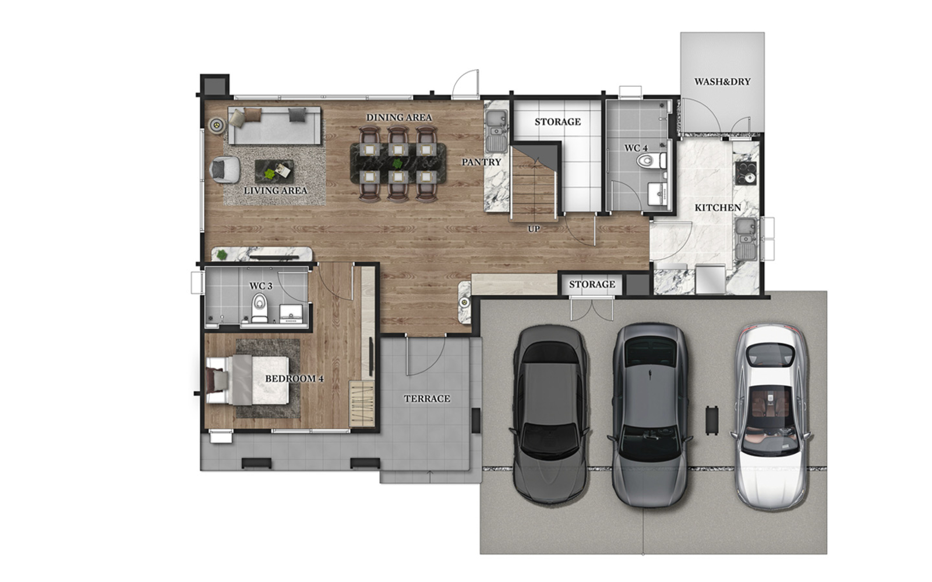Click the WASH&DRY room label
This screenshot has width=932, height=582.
tap(722, 81)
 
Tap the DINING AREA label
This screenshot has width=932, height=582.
tap(399, 118)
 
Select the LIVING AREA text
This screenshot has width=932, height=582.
tap(276, 190)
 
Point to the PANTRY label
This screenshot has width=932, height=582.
tap(481, 162)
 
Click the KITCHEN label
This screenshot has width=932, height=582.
tap(718, 208)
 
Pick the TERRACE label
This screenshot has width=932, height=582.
tap(427, 399)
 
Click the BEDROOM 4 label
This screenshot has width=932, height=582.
tap(294, 379)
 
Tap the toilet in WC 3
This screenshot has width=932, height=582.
tap(259, 307)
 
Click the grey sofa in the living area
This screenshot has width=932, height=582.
tap(274, 126)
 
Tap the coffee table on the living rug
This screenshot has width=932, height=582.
tap(274, 171)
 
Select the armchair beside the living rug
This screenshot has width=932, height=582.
tap(224, 169)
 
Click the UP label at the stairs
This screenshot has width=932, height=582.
tap(534, 229)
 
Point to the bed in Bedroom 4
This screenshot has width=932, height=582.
tap(250, 380)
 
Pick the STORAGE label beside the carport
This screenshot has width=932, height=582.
tap(592, 285)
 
